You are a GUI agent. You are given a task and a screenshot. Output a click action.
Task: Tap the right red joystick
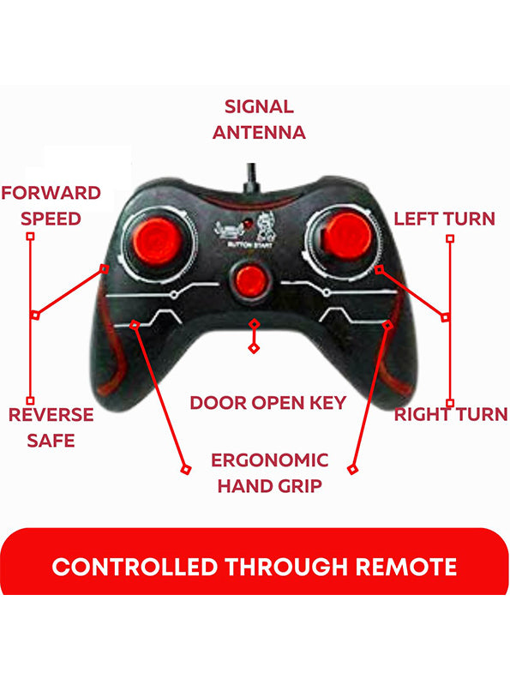pyautogui.click(x=347, y=236)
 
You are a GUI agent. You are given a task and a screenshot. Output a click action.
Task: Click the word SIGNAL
pyautogui.click(x=259, y=107)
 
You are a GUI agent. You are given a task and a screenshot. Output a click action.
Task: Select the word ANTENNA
pyautogui.click(x=259, y=133)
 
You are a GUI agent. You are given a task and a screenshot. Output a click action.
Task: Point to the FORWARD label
pyautogui.click(x=51, y=193)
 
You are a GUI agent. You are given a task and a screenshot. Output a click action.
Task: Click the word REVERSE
pyautogui.click(x=51, y=415)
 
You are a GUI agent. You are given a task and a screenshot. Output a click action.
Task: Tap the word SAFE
pyautogui.click(x=51, y=441)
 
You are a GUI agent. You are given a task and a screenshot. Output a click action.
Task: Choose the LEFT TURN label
pyautogui.click(x=444, y=219)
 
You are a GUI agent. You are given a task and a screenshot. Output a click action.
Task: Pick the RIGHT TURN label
pyautogui.click(x=451, y=414)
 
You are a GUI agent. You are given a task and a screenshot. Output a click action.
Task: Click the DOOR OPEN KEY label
pyautogui.click(x=268, y=403)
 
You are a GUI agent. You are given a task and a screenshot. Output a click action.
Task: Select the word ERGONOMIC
pyautogui.click(x=270, y=460)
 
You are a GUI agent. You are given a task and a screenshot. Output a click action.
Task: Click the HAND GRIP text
pyautogui.click(x=270, y=486)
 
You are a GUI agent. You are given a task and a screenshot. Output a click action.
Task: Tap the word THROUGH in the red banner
pyautogui.click(x=286, y=567)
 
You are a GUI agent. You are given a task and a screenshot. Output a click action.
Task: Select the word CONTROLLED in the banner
pyautogui.click(x=135, y=567)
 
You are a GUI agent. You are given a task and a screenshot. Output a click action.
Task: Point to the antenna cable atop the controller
pyautogui.click(x=251, y=177)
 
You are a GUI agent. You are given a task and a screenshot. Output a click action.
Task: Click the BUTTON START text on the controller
pyautogui.click(x=250, y=245)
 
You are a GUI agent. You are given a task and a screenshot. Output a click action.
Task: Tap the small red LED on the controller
pyautogui.click(x=248, y=224)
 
